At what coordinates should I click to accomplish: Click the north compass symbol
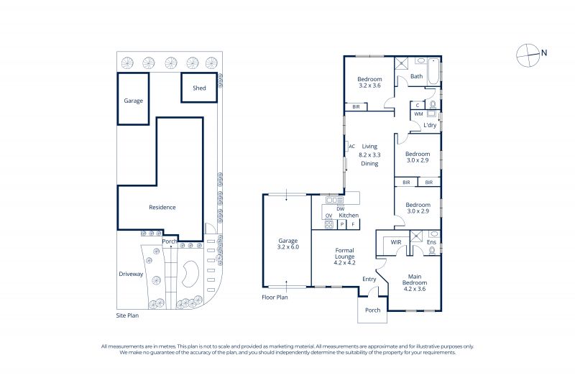pyautogui.click(x=528, y=55)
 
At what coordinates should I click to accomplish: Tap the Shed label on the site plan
pyautogui.click(x=199, y=88)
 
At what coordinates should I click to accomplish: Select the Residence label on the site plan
pyautogui.click(x=162, y=207)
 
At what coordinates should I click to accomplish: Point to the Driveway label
pyautogui.click(x=131, y=274)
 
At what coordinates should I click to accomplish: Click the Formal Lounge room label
pyautogui.click(x=345, y=254)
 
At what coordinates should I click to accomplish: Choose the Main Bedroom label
pyautogui.click(x=415, y=280)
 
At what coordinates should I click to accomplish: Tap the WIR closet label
pyautogui.click(x=396, y=242)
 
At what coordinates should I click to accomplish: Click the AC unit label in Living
pyautogui.click(x=352, y=147)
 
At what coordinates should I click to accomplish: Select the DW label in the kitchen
pyautogui.click(x=340, y=209)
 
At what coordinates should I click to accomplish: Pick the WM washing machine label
pyautogui.click(x=418, y=114)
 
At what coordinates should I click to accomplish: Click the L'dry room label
pyautogui.click(x=430, y=125)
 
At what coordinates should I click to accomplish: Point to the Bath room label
pyautogui.click(x=417, y=76)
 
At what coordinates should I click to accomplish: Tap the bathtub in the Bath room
pyautogui.click(x=433, y=71)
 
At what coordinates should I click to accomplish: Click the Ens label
pyautogui.click(x=432, y=242)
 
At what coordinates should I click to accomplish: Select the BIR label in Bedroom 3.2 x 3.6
pyautogui.click(x=356, y=106)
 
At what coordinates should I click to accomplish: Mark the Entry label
pyautogui.click(x=369, y=280)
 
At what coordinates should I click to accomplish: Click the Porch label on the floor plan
pyautogui.click(x=372, y=310)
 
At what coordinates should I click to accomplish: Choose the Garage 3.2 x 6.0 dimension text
pyautogui.click(x=288, y=247)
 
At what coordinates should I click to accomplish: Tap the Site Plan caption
pyautogui.click(x=127, y=315)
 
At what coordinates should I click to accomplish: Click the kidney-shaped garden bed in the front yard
pyautogui.click(x=190, y=274)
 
